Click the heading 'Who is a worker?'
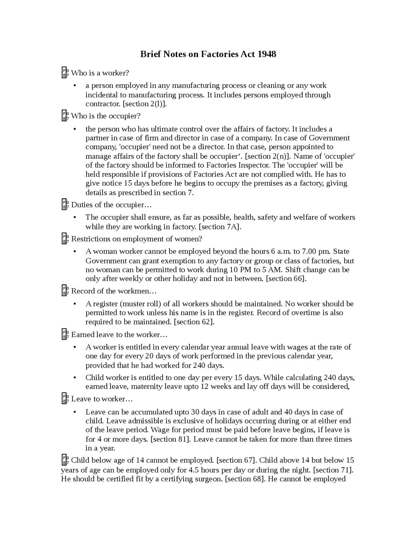click(x=100, y=73)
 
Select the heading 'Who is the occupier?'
click(x=106, y=116)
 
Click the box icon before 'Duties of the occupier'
click(x=65, y=205)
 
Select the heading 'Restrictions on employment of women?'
click(x=137, y=239)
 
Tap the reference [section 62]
click(x=194, y=322)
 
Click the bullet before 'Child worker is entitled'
click(x=75, y=378)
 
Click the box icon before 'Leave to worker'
click(x=65, y=399)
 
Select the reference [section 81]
click(x=170, y=439)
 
